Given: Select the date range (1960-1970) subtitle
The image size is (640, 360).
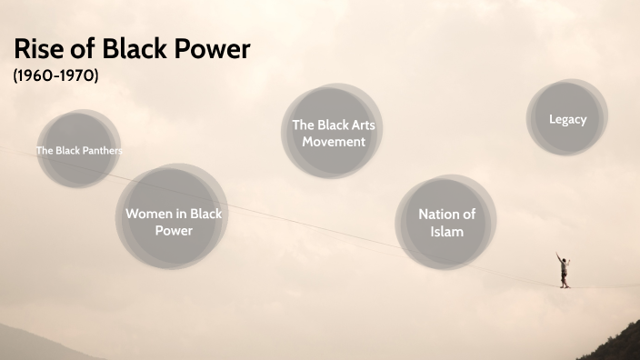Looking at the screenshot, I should point(56,76).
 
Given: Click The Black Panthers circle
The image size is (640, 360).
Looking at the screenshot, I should point(79,150).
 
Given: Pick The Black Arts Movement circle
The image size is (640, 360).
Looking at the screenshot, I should point(334,133).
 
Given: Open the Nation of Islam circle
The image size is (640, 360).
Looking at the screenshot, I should point(446,223).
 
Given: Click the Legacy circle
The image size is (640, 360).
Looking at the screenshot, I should point(567,118).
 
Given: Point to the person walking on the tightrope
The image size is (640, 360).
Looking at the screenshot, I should point(564,271).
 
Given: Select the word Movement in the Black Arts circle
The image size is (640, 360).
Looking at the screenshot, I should point(334,142).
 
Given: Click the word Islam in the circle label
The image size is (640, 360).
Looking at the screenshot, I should point(446,232).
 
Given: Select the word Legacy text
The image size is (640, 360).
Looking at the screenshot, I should point(567,119).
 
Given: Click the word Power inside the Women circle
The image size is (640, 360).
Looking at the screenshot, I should point(173,231).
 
